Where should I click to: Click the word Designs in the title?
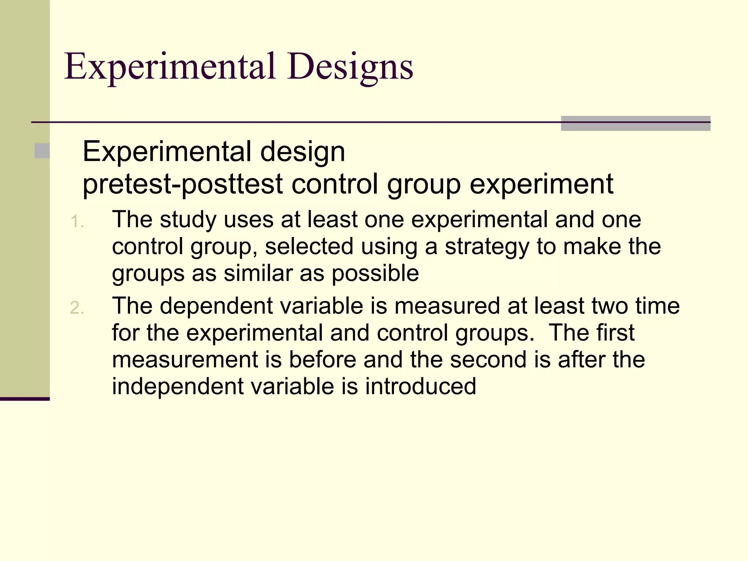[x=350, y=67]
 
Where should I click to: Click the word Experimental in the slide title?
[x=170, y=67]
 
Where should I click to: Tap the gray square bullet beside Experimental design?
[x=42, y=151]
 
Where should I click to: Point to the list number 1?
[x=77, y=222]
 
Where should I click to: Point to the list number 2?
[x=77, y=308]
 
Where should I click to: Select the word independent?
[x=178, y=386]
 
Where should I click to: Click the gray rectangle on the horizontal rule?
[x=636, y=123]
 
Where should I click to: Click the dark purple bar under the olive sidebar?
[x=25, y=399]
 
